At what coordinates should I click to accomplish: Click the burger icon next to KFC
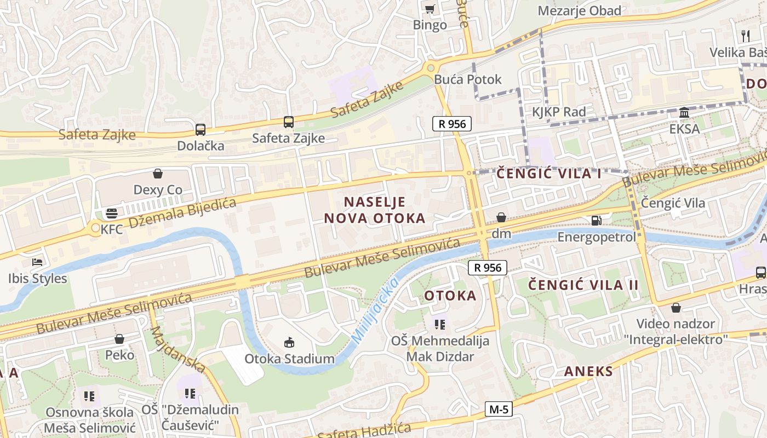tap(112, 213)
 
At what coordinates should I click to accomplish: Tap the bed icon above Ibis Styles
tap(37, 262)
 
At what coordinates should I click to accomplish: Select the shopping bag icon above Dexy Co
tap(158, 174)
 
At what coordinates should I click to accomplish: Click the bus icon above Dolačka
tap(201, 130)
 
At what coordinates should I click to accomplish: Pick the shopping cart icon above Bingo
tap(430, 8)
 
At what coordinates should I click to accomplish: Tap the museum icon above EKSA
tap(684, 112)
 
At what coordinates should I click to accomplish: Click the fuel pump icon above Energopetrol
tap(596, 221)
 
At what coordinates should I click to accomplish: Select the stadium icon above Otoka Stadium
tap(289, 343)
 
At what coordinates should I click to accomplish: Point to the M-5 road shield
tap(499, 409)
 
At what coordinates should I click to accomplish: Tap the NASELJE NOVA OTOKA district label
tap(375, 210)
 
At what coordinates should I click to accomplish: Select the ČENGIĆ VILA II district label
tap(583, 285)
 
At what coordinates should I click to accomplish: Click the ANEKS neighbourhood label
tap(588, 371)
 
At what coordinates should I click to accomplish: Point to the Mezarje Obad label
tap(580, 10)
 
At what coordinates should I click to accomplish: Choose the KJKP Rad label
tap(559, 112)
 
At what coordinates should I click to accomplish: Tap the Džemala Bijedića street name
tap(182, 212)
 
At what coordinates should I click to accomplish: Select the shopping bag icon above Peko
tap(119, 339)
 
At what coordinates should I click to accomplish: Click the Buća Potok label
tap(467, 79)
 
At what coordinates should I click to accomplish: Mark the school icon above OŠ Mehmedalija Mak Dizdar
tap(440, 324)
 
